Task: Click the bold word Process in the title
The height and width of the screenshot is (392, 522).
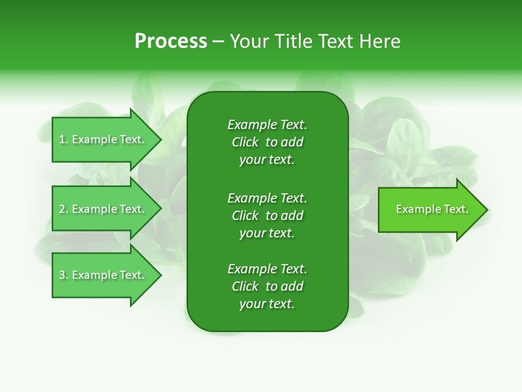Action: [171, 41]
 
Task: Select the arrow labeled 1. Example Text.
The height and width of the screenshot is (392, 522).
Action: [103, 139]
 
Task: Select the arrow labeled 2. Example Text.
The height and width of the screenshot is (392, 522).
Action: [103, 209]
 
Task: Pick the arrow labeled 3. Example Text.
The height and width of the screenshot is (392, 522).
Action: [103, 275]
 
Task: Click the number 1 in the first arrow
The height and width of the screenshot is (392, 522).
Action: [62, 139]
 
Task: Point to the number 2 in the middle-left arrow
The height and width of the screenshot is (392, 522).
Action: [63, 209]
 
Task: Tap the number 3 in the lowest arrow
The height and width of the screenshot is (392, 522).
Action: [63, 275]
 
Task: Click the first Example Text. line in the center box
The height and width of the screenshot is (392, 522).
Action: [267, 125]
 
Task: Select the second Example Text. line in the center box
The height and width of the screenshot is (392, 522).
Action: [267, 198]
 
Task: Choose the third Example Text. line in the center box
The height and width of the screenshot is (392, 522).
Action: [267, 269]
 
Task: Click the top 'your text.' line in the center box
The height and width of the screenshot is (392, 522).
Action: [267, 160]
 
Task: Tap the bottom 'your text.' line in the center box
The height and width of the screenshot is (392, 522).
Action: [267, 304]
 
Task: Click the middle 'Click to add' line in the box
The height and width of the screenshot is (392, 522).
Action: [267, 216]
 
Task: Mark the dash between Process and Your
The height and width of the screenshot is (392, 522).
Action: [218, 42]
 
